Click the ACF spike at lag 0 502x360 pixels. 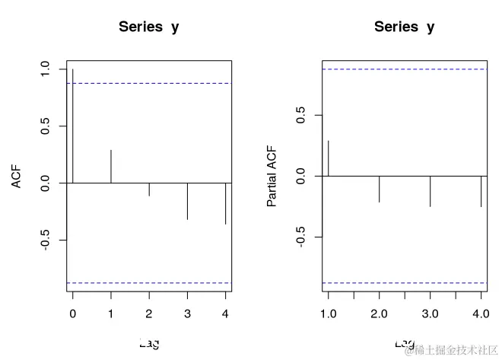(73, 126)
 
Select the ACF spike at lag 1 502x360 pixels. (111, 167)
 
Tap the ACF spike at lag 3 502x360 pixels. (187, 202)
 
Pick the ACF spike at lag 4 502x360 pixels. (225, 204)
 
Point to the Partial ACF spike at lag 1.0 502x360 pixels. (329, 158)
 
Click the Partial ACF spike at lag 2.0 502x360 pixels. (379, 189)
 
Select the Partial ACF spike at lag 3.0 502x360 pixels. (430, 191)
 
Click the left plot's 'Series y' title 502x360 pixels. (149, 27)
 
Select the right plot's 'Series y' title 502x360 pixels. (405, 27)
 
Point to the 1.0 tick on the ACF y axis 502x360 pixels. (46, 69)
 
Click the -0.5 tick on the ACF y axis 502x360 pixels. (46, 241)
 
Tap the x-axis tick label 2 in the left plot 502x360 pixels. (149, 313)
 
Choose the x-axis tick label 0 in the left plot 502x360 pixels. (73, 313)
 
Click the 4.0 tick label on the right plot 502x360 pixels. (481, 313)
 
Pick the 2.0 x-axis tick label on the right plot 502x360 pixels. (379, 313)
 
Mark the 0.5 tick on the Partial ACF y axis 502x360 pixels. (301, 115)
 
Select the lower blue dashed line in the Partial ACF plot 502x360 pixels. (405, 283)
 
